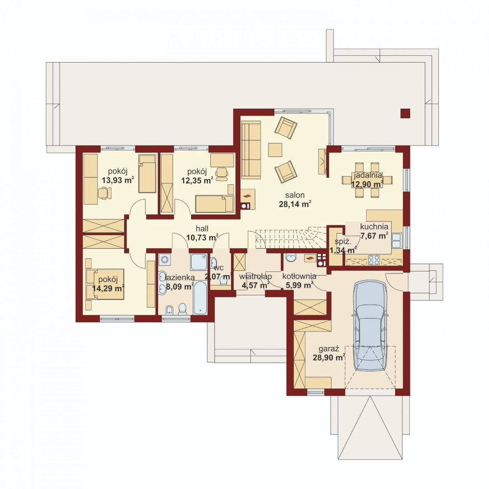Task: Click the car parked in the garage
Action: (x=370, y=325)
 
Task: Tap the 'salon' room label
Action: (x=295, y=195)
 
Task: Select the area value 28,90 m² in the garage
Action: (x=329, y=357)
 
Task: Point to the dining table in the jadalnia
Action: (x=367, y=180)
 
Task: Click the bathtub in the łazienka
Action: (x=200, y=298)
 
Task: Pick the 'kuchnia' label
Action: (x=374, y=227)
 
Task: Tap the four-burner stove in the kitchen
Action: (x=374, y=260)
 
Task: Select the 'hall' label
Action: (x=202, y=228)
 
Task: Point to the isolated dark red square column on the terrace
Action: (x=405, y=113)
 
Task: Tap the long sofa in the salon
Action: (x=251, y=150)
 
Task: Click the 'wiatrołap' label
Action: (x=255, y=277)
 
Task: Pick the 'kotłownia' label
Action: (x=299, y=276)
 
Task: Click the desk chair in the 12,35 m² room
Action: (x=222, y=174)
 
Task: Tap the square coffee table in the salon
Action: (x=275, y=150)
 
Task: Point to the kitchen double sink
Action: (x=397, y=240)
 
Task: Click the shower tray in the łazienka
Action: (x=199, y=262)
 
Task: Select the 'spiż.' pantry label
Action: (x=343, y=241)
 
